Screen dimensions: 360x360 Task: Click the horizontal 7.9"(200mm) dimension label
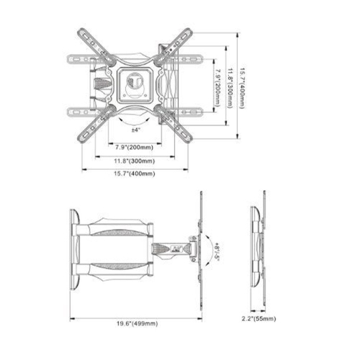pyautogui.click(x=135, y=148)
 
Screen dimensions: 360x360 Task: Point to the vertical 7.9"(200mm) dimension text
pyautogui.click(x=217, y=87)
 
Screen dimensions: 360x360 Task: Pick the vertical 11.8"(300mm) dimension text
pyautogui.click(x=229, y=87)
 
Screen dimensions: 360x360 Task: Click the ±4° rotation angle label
pyautogui.click(x=135, y=130)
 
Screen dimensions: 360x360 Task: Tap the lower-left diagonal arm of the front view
pyautogui.click(x=95, y=120)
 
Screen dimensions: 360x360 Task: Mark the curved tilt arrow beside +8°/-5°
pyautogui.click(x=207, y=248)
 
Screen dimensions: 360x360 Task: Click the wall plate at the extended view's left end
pyautogui.click(x=73, y=245)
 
